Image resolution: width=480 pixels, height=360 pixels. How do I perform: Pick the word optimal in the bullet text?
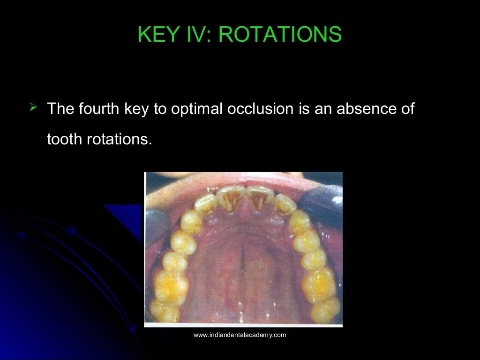point(197,109)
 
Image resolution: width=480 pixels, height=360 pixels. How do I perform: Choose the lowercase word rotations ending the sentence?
point(120,139)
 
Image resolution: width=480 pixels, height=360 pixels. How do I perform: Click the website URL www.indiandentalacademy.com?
point(240,335)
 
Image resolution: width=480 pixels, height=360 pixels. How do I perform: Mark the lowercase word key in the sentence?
point(133,109)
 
